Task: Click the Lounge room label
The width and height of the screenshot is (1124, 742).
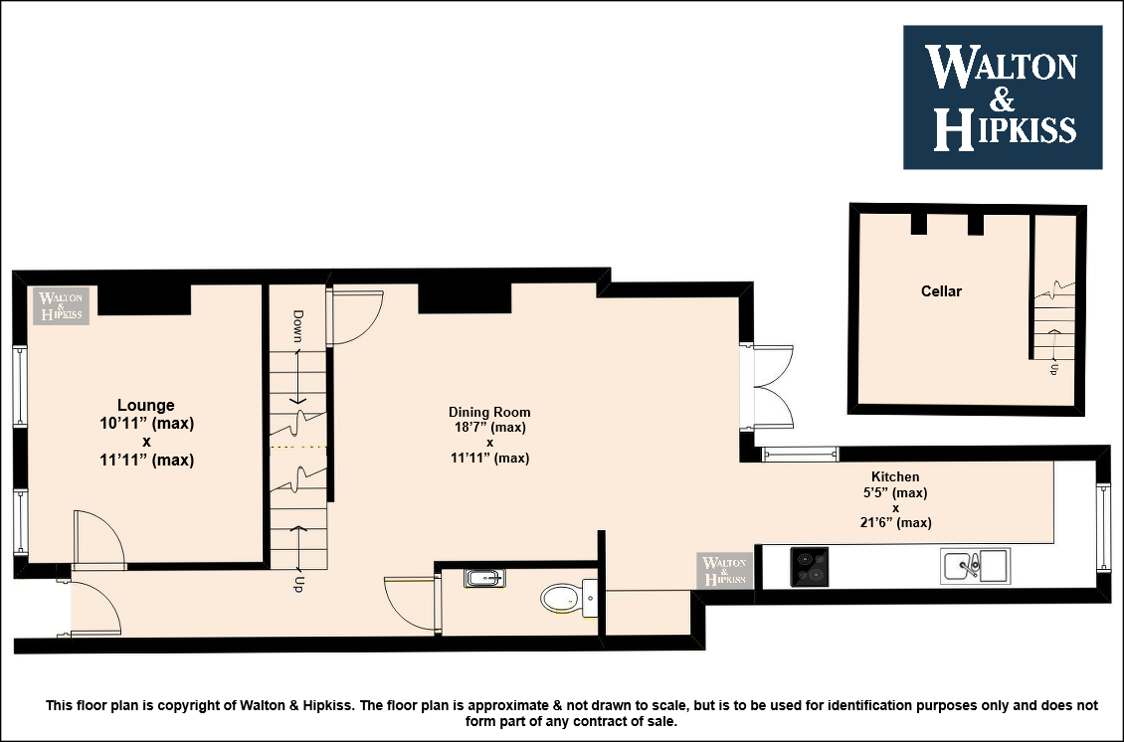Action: (x=146, y=405)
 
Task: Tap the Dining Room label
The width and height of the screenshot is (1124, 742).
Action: (x=489, y=412)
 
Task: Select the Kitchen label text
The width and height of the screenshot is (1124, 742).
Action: (x=895, y=476)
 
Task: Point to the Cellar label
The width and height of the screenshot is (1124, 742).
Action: (x=941, y=291)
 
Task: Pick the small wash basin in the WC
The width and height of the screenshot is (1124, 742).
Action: (x=484, y=578)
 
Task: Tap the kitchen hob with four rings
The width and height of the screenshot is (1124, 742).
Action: (x=810, y=567)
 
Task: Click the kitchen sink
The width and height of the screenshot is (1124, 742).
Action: (x=976, y=566)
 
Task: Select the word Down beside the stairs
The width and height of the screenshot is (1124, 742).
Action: (x=298, y=326)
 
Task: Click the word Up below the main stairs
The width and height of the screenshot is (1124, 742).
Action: (x=298, y=584)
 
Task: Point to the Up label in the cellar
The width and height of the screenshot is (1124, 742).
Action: (x=1053, y=369)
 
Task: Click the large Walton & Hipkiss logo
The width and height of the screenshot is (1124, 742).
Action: (x=1002, y=97)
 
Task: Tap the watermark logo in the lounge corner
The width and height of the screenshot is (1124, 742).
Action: (x=61, y=305)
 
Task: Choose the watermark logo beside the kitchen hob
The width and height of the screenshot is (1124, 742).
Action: (x=725, y=571)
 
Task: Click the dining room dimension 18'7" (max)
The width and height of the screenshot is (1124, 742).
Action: (x=489, y=428)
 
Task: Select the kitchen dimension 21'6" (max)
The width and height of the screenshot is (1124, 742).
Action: (x=895, y=522)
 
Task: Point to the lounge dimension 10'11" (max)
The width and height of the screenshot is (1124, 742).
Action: (x=147, y=423)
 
